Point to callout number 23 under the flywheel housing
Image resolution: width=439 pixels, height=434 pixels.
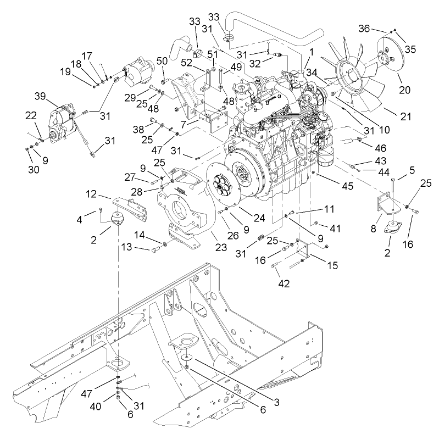pos(221,247)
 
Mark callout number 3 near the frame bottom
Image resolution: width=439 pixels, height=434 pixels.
pos(276,402)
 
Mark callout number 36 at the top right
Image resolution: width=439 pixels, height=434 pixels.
pos(364,28)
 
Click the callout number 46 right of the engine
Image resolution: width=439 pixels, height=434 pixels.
pos(380,148)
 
